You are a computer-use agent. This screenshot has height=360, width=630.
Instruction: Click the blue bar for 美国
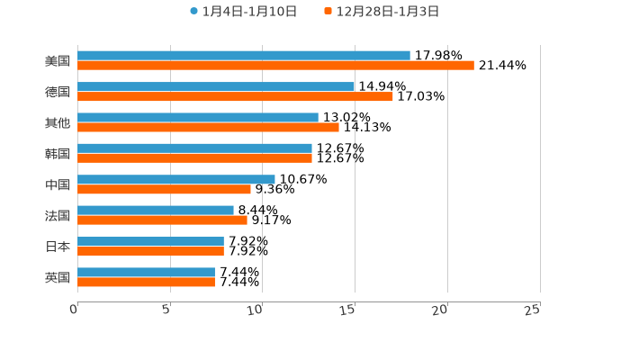243,56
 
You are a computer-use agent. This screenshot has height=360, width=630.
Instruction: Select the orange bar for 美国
275,66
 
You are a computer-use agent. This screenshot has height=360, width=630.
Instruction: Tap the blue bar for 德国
216,86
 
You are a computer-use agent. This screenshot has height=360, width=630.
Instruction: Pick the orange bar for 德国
235,96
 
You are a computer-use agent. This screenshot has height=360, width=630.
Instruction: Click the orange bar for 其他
208,127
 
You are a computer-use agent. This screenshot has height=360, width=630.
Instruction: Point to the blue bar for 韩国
194,148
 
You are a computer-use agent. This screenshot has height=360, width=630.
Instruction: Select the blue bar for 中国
176,179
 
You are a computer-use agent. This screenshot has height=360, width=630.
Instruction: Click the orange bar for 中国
164,189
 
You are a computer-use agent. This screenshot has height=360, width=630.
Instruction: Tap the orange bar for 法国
162,220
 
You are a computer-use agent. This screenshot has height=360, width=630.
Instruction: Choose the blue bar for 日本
150,241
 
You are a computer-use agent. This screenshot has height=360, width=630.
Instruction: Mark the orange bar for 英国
146,282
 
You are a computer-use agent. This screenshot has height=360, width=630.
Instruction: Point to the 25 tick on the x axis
533,310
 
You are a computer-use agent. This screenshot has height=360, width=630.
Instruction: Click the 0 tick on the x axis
75,310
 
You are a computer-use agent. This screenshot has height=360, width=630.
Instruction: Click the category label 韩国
58,154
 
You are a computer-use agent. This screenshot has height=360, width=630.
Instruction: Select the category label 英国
58,277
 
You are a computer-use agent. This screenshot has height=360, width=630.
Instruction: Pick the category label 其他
58,122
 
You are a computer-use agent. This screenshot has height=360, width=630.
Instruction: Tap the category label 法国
58,215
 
